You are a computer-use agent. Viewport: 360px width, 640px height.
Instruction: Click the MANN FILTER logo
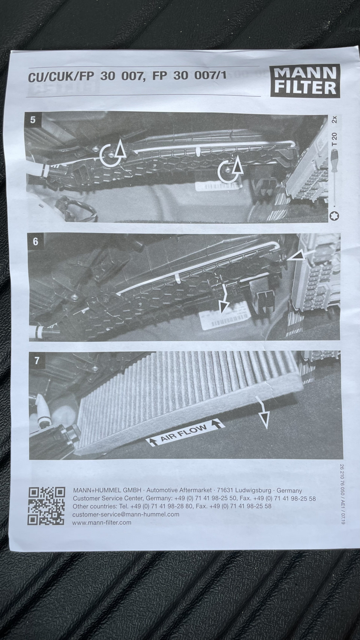(x=305, y=80)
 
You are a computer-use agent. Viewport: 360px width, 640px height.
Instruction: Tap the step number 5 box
(x=33, y=120)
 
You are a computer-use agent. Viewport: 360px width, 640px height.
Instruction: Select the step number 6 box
(x=35, y=242)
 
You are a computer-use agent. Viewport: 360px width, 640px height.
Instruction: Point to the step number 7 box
(x=36, y=361)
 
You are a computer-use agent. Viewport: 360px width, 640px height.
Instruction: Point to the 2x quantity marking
(x=334, y=119)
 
